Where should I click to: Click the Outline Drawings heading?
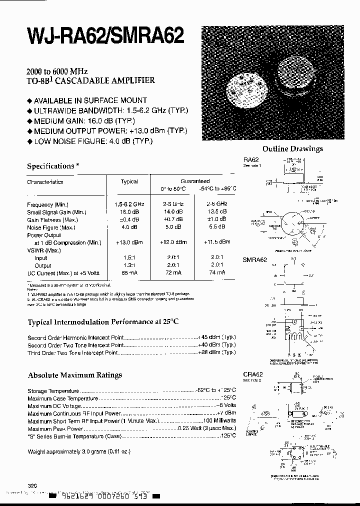coord(292,148)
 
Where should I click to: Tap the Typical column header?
coord(129,181)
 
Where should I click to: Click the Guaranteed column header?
coord(195,181)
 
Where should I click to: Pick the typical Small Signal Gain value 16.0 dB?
coord(129,212)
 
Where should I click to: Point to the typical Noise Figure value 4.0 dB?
coord(129,227)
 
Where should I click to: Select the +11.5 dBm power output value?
coord(216,242)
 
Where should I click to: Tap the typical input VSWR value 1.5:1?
coord(129,257)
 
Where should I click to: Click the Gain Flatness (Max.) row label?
coord(51,219)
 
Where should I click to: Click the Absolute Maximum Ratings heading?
coord(74,375)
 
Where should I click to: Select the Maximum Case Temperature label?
coord(62,398)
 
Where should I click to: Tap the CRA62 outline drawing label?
coord(252,373)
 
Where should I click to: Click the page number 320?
coord(32,485)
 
